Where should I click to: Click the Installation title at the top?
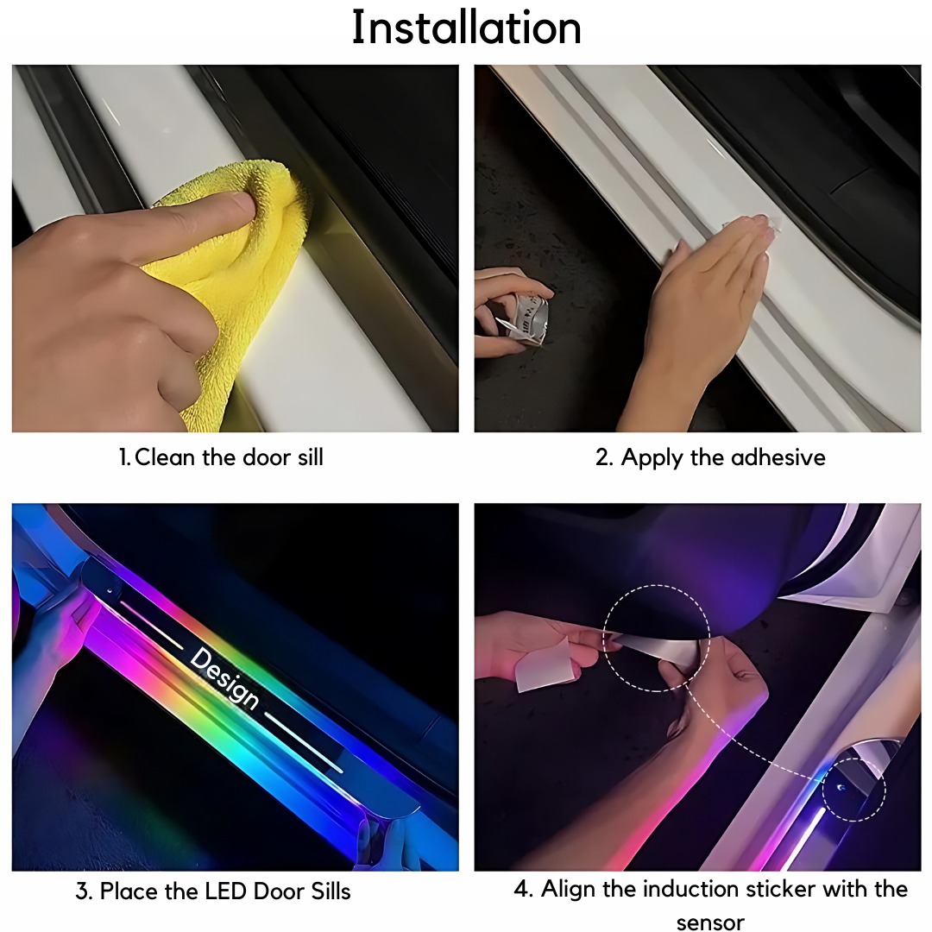tap(467, 28)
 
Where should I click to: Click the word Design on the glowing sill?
tap(224, 678)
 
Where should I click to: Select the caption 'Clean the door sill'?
tap(229, 457)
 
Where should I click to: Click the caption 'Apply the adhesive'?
tap(723, 457)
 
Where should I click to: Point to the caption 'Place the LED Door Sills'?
tap(225, 891)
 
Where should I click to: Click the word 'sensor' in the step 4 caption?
tap(710, 923)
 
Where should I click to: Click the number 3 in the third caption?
tap(82, 891)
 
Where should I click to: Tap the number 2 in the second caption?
tap(603, 457)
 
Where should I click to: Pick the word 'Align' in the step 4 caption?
tap(568, 890)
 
